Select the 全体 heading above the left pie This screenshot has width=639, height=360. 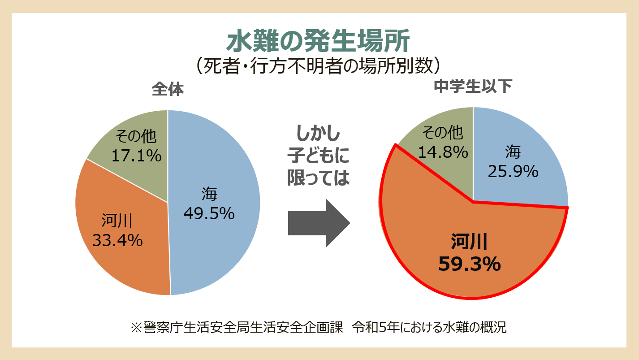click(x=168, y=89)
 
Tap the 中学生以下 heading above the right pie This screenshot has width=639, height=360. click(x=473, y=86)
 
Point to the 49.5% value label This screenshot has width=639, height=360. click(x=209, y=214)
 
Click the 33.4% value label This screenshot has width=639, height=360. click(x=117, y=241)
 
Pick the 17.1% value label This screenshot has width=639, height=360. click(x=136, y=156)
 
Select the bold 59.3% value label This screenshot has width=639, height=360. click(x=469, y=264)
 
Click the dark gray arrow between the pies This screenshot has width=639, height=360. click(x=319, y=223)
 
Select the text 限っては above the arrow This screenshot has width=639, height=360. click(x=318, y=178)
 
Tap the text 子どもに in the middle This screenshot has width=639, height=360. click(x=318, y=156)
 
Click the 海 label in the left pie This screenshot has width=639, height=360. click(x=209, y=195)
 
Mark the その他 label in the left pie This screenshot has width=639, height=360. click(x=136, y=135)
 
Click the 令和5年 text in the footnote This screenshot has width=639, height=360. click(x=371, y=327)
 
